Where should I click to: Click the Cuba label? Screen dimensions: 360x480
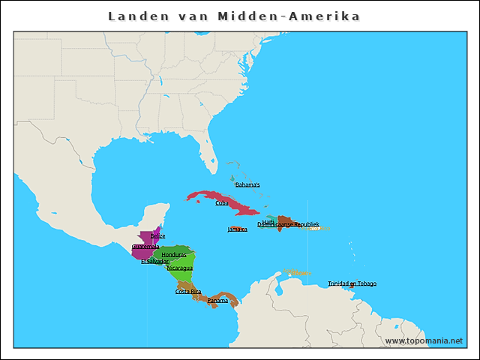(222, 202)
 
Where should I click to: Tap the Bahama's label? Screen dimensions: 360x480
(247, 184)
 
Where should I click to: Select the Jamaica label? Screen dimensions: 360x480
(238, 229)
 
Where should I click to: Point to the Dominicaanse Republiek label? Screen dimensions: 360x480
(289, 224)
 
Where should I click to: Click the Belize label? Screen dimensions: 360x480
(157, 235)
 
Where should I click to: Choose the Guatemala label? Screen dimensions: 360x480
(145, 246)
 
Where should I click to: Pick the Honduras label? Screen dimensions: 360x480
(174, 254)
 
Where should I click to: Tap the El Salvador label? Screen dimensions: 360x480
(154, 261)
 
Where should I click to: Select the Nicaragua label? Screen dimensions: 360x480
(180, 268)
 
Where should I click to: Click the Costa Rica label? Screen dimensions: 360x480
(188, 291)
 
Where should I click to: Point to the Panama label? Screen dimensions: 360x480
(217, 300)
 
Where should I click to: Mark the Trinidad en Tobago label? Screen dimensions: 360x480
(352, 283)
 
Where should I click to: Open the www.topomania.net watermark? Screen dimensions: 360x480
(424, 340)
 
